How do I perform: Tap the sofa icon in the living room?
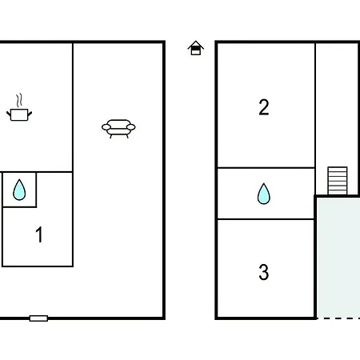coord(118,129)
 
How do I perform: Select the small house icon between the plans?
coord(196,48)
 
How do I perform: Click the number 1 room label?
coord(39,234)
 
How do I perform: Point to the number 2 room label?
coord(264,107)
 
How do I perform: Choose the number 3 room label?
coord(264,272)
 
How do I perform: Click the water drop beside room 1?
coord(19,190)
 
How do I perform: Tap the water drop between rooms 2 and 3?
coord(264,194)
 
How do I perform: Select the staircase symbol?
coord(338,181)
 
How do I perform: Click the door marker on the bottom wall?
coord(38,318)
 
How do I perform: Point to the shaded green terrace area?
coord(338,258)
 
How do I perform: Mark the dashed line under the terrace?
coord(338,318)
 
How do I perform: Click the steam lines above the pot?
coord(18,100)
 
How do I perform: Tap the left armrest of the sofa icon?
coord(106,127)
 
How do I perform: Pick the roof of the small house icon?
coord(196,45)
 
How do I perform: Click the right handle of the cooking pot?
coord(30,114)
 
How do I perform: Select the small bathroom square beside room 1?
coord(19,190)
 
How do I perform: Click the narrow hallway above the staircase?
coord(337,105)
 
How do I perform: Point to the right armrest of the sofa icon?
coord(130,127)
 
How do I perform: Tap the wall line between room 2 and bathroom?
coord(266,168)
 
